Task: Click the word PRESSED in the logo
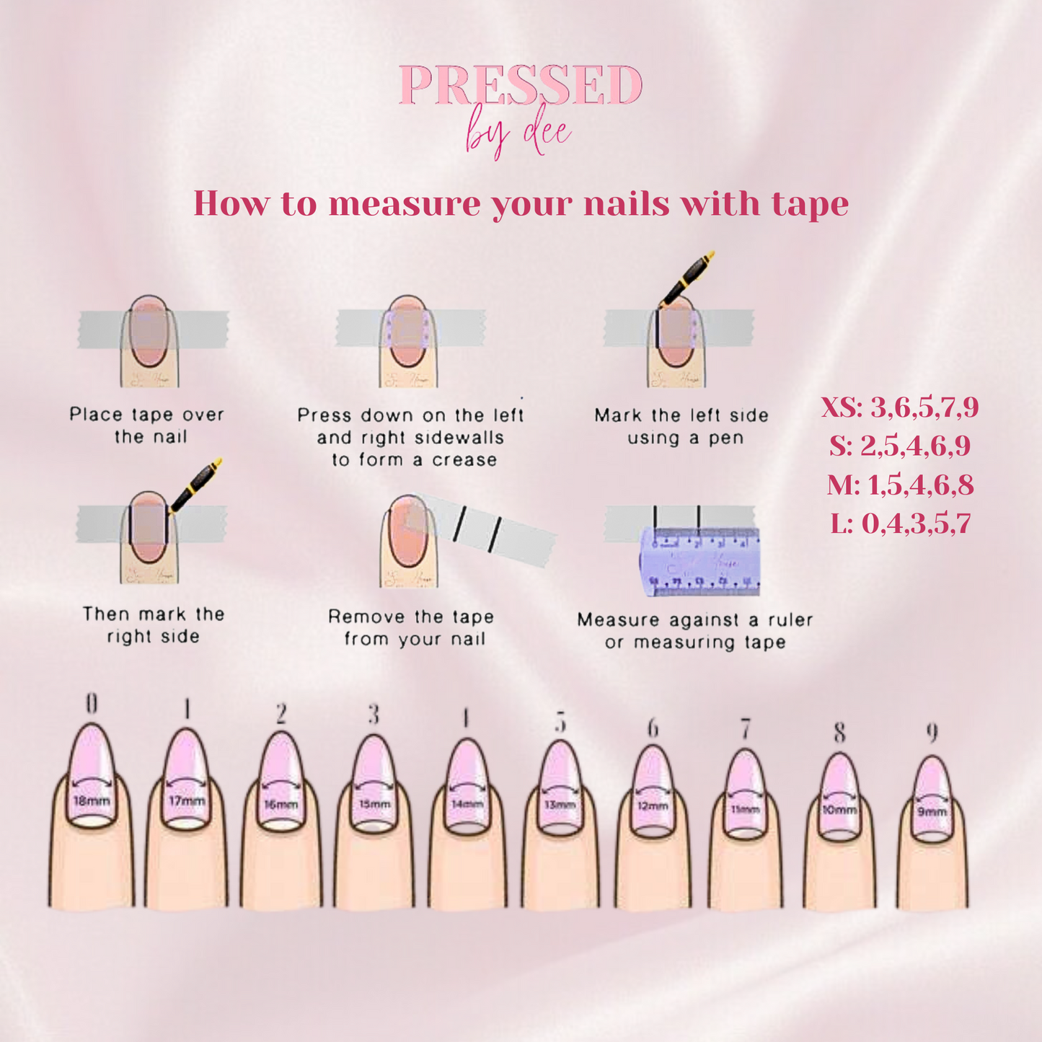tap(520, 87)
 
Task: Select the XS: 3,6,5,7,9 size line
tap(899, 407)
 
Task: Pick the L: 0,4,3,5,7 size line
tap(900, 523)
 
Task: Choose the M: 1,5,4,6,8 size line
tap(900, 485)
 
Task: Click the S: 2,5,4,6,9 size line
tap(899, 446)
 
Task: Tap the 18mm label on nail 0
tap(92, 800)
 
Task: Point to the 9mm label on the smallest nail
tap(931, 812)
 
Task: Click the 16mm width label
tap(281, 803)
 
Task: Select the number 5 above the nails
tap(560, 722)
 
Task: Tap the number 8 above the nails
tap(839, 733)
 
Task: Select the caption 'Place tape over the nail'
tap(147, 425)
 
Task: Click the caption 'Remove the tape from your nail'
tap(411, 627)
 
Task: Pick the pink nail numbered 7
tap(745, 786)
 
